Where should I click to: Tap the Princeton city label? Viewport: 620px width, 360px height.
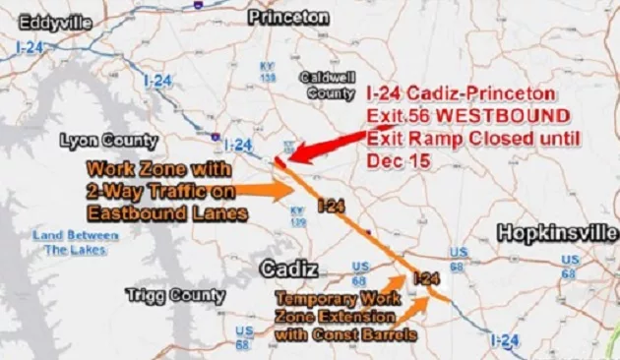coord(287,18)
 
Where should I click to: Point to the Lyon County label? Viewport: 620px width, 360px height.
coord(108,139)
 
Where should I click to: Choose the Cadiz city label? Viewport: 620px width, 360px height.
coord(286,269)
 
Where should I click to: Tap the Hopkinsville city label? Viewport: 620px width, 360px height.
coord(556,232)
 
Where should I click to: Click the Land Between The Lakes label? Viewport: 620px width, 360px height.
coord(75,242)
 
